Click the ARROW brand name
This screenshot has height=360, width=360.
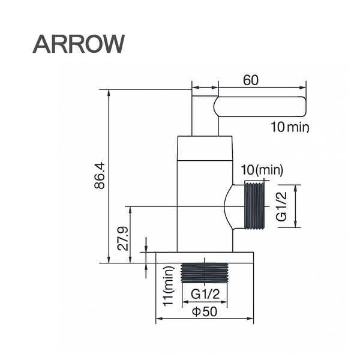click(x=79, y=43)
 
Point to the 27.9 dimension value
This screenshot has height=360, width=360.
click(x=122, y=238)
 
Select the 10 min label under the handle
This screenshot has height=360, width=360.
click(x=289, y=127)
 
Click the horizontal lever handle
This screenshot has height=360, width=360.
click(x=260, y=106)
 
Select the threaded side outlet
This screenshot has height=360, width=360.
click(x=254, y=206)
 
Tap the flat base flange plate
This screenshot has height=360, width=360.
click(x=204, y=257)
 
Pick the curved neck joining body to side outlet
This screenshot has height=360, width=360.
click(x=228, y=206)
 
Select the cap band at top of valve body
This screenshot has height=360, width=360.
click(x=205, y=148)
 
